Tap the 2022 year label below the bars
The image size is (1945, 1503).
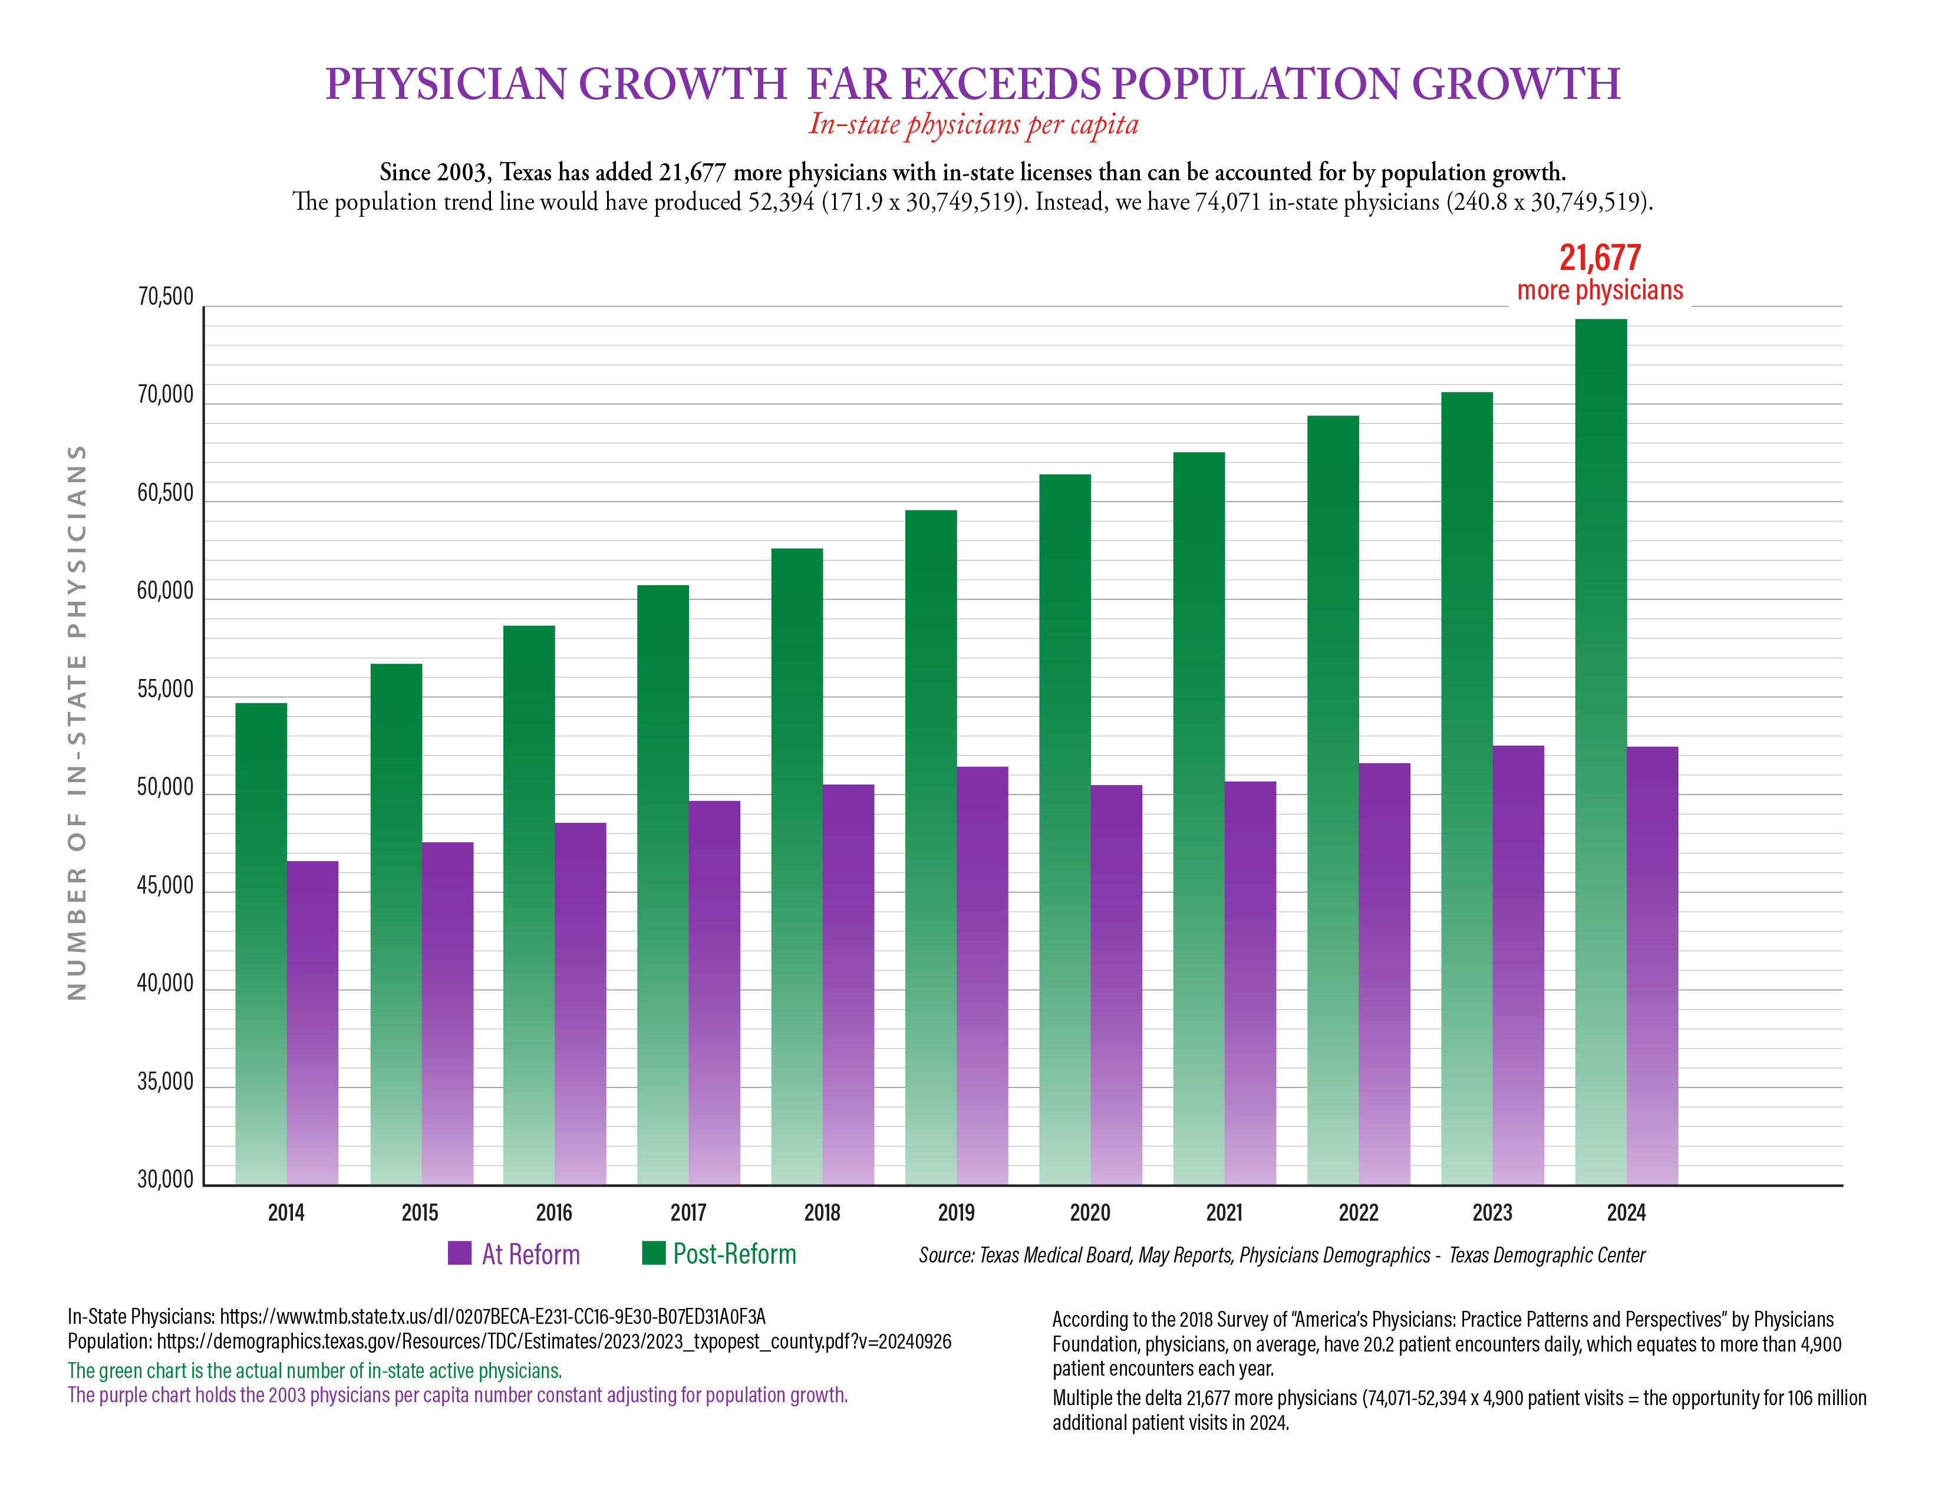coord(1358,1213)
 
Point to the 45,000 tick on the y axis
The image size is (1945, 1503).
coord(165,886)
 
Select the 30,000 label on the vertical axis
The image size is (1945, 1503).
coord(165,1180)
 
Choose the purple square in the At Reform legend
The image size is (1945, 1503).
coord(460,1253)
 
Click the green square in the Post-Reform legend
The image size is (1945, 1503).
coord(654,1253)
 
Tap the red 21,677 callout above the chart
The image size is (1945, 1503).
coord(1600,258)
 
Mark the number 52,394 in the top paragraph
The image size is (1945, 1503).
coord(781,202)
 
